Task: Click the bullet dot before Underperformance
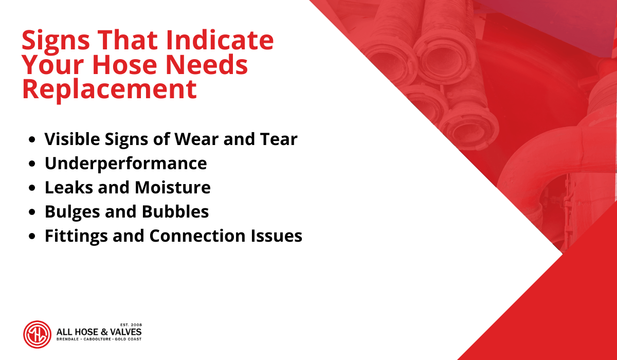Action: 32,164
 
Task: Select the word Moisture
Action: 172,188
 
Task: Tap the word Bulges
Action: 72,212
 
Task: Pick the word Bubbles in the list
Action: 175,211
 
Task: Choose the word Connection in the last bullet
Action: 197,236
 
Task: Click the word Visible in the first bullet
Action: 72,139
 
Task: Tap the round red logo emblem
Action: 37,334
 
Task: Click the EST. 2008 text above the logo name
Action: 131,325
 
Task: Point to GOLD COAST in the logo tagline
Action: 128,339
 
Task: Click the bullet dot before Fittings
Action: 32,237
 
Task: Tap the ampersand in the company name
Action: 103,332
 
